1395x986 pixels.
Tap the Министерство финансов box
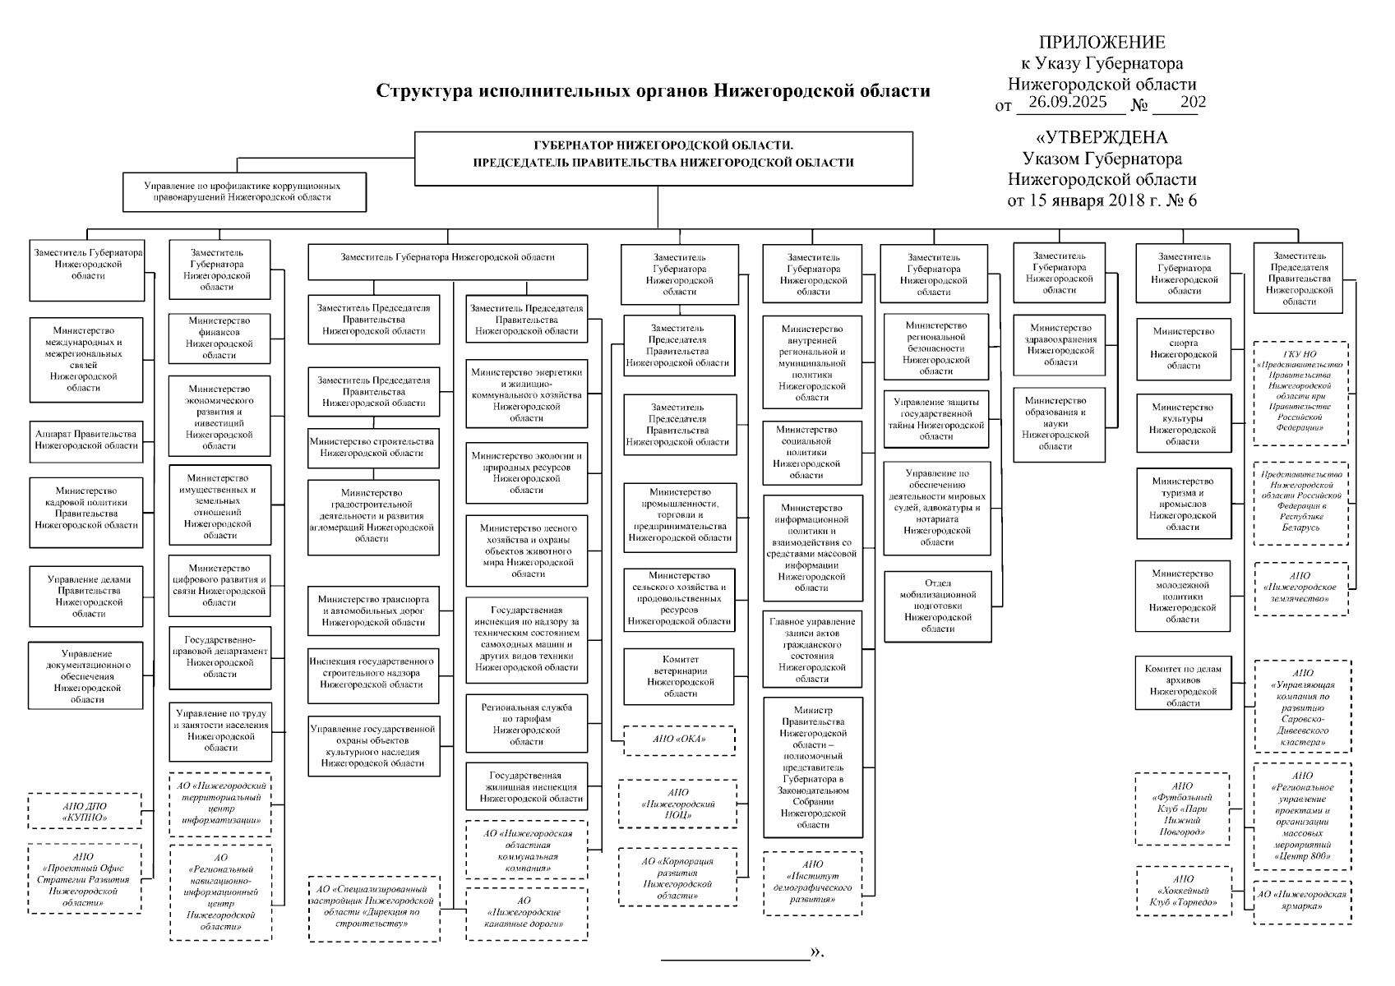click(219, 338)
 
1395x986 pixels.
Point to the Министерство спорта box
click(1183, 348)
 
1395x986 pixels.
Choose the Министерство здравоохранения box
click(1060, 344)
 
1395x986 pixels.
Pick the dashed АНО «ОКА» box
click(680, 739)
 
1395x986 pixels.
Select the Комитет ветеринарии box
click(680, 676)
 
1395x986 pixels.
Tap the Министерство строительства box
click(372, 447)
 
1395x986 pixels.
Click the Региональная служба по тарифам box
click(526, 724)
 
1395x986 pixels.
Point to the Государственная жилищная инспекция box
click(526, 786)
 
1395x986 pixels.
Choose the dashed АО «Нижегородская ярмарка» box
click(1302, 901)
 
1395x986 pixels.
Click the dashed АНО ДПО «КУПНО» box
click(85, 812)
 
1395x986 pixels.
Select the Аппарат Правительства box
click(85, 440)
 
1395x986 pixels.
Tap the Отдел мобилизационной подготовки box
click(937, 606)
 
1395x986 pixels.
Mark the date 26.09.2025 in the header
click(1068, 103)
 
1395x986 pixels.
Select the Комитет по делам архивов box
click(1183, 681)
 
